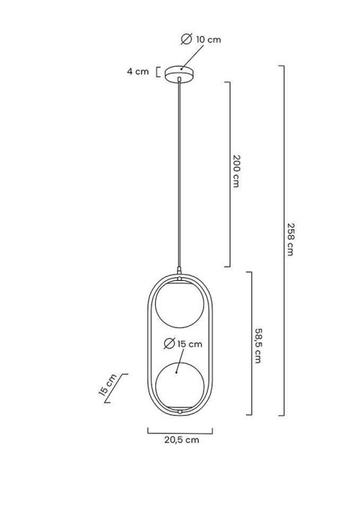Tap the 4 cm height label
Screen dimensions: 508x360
(x=137, y=73)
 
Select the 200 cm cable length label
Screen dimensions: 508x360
(x=237, y=173)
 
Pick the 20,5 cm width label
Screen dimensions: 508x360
(x=180, y=441)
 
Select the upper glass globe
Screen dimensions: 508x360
(x=179, y=305)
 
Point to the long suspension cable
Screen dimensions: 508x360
(x=179, y=172)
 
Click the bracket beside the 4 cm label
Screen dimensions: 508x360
(x=158, y=73)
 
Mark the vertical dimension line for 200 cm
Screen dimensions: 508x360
(x=228, y=173)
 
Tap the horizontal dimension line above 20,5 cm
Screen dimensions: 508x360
(x=179, y=432)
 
